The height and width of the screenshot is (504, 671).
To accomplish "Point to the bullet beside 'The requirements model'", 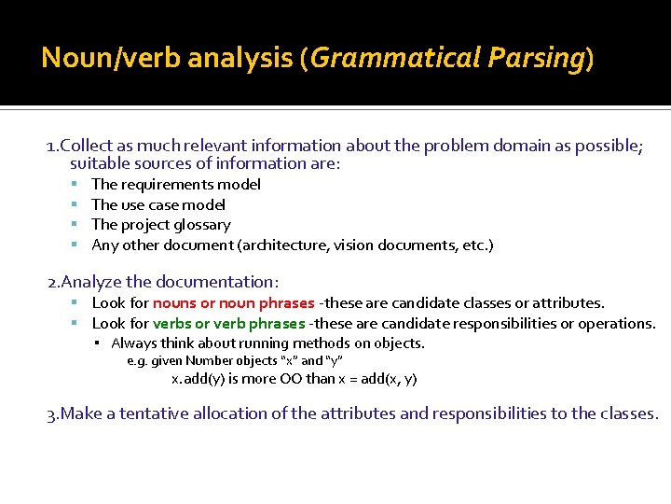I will point(74,185).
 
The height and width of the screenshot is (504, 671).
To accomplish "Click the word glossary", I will point(202,225).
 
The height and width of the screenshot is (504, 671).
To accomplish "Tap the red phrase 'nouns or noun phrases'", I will point(233,303).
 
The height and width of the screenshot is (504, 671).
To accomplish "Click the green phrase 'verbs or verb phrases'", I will point(228,324).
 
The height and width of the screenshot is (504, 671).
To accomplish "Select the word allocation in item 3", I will point(246,413).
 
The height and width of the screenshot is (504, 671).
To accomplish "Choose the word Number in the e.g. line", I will point(207,361).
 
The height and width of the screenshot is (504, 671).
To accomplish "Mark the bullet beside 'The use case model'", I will point(74,205).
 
